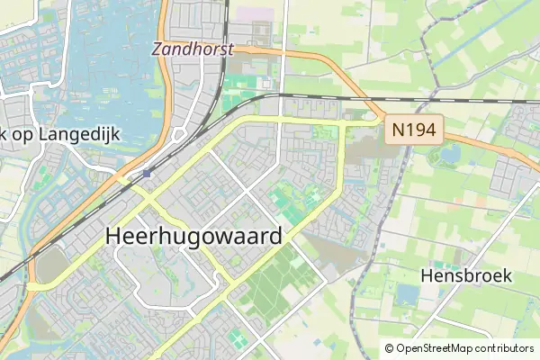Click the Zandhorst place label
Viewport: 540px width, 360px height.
click(192, 49)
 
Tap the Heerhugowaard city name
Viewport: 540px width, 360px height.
click(194, 236)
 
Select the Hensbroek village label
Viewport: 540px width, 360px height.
click(466, 275)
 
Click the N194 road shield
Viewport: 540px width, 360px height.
click(414, 131)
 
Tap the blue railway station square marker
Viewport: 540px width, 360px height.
click(146, 173)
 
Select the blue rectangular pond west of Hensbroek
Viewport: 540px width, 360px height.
click(409, 294)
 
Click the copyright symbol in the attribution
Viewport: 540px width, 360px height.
click(389, 348)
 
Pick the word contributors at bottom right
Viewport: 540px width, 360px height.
click(504, 348)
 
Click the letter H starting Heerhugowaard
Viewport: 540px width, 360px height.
click(114, 236)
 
